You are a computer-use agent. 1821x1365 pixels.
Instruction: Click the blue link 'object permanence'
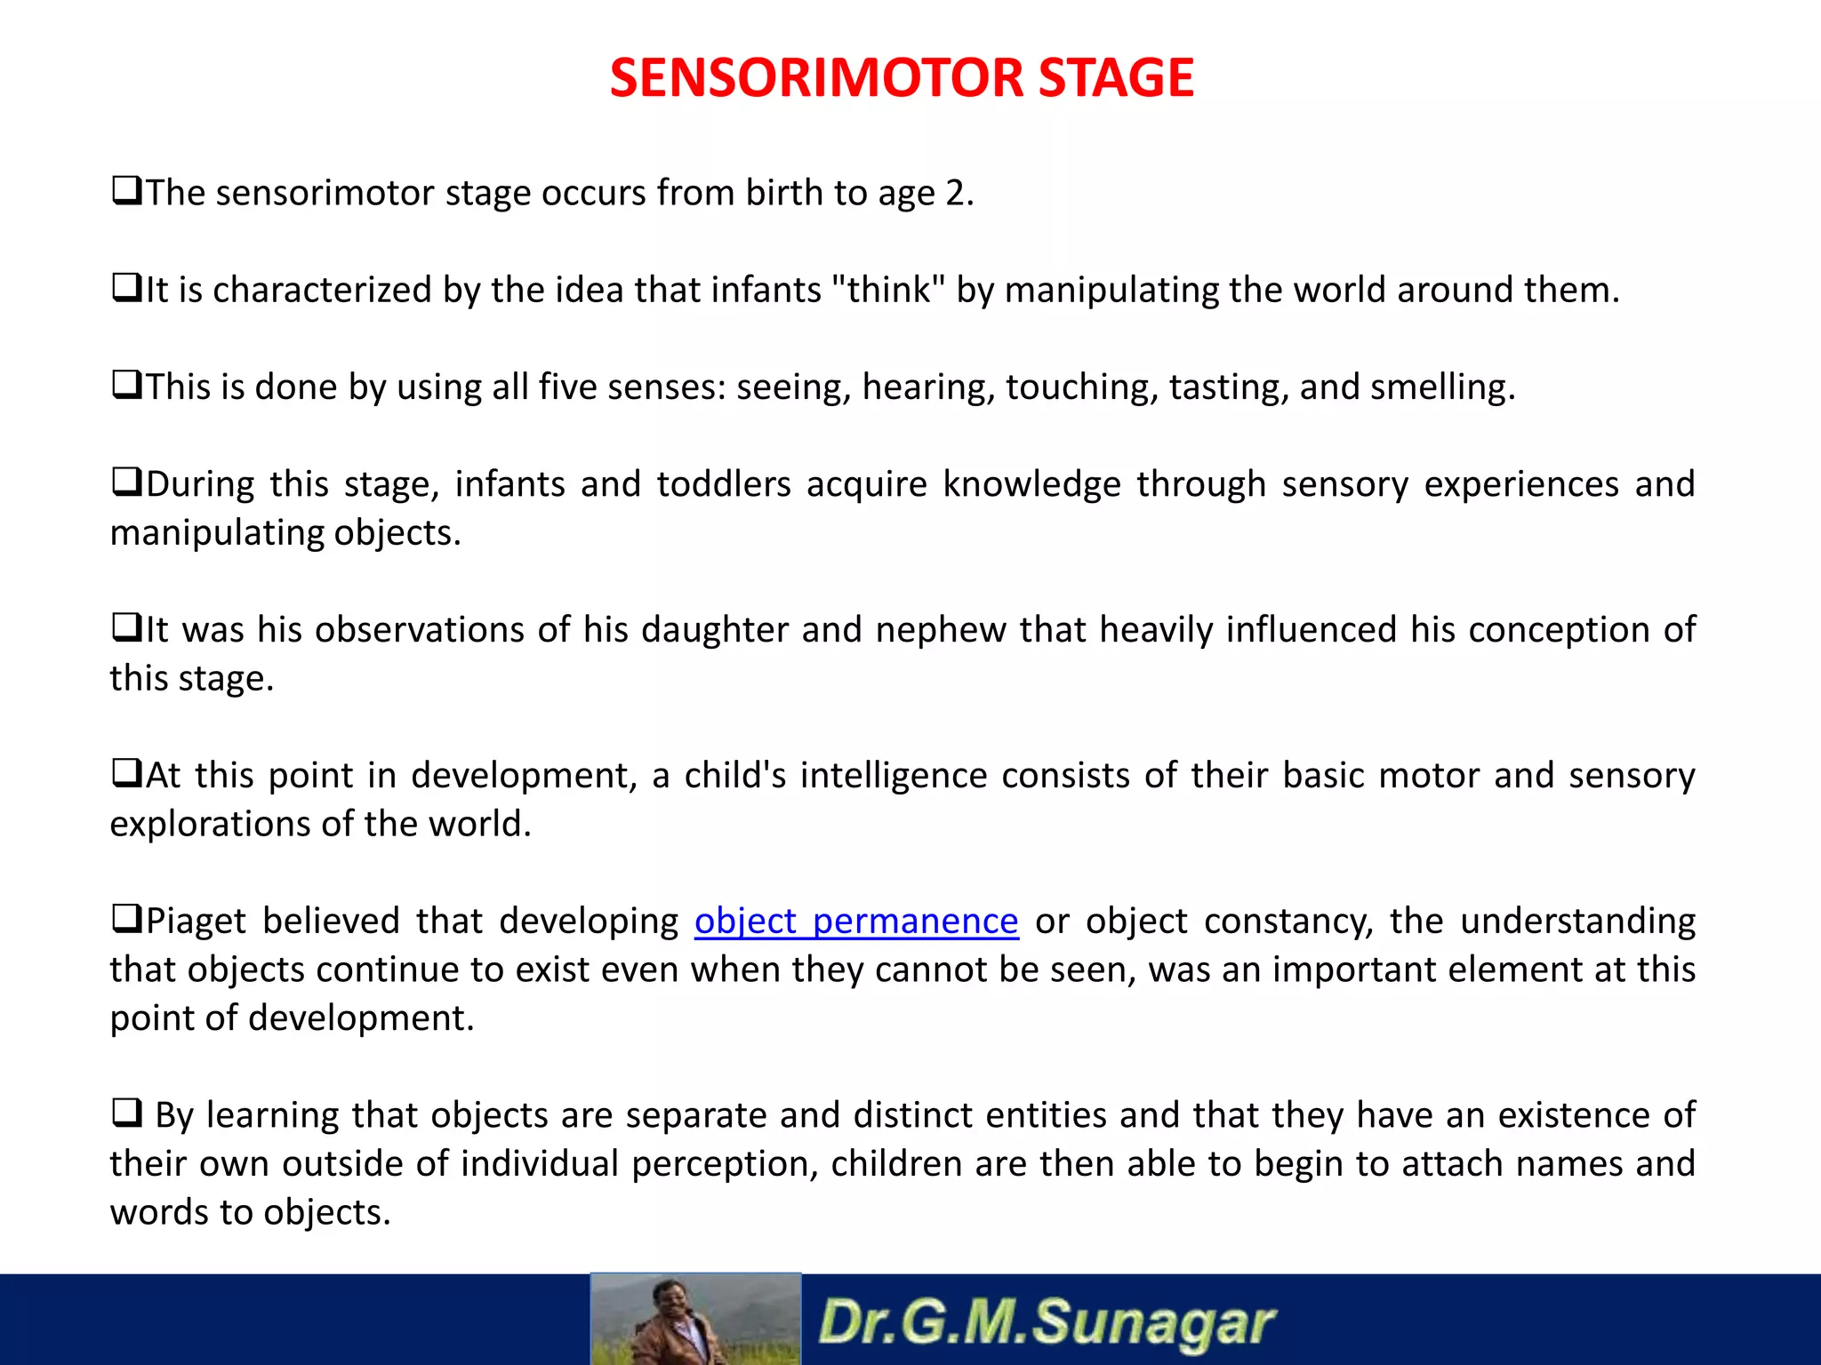click(855, 922)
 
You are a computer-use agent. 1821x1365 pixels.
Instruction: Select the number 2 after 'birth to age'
click(955, 194)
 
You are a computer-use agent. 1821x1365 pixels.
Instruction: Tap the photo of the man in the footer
click(695, 1320)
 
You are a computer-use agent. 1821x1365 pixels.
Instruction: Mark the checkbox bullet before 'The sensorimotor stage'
click(126, 191)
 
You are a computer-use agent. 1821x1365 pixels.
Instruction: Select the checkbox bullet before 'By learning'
click(126, 1114)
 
